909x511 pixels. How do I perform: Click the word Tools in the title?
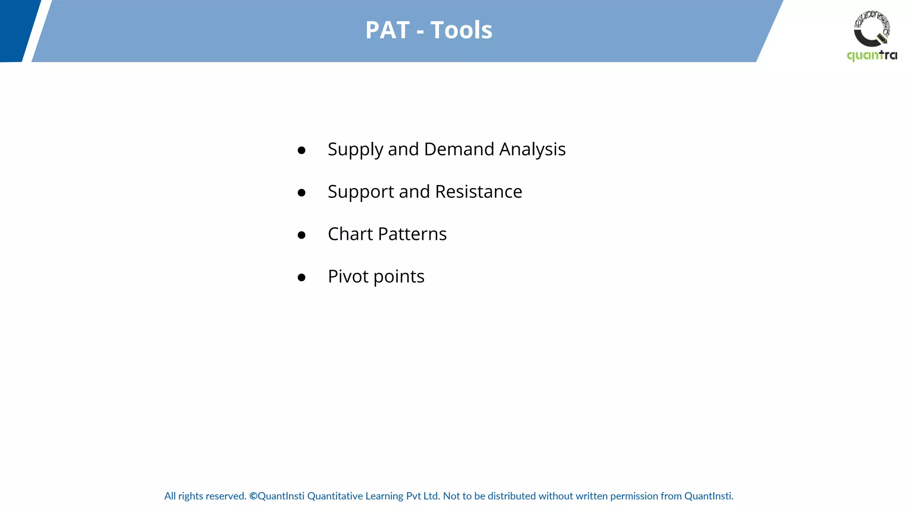(x=461, y=30)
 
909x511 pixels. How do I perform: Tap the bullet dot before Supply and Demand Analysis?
(x=301, y=150)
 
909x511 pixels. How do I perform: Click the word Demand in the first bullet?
(x=459, y=149)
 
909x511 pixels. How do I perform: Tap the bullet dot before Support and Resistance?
(x=301, y=193)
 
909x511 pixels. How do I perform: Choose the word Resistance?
(x=478, y=192)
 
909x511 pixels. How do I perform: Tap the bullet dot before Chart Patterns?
(x=301, y=235)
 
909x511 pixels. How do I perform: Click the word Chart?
(x=350, y=234)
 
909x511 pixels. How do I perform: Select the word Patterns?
(x=412, y=234)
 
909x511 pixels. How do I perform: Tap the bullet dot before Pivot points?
(x=301, y=278)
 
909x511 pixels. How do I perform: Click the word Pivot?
(x=348, y=276)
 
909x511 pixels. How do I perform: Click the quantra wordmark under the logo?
(x=872, y=55)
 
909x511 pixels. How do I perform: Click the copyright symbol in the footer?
(x=253, y=496)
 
